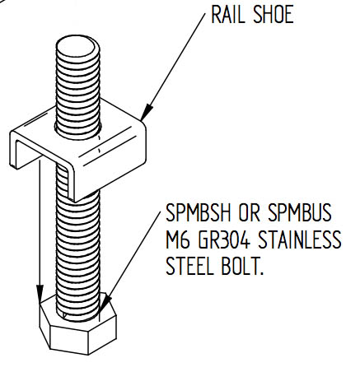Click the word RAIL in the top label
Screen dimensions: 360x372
[x=227, y=15]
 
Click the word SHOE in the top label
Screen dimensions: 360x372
[x=274, y=15]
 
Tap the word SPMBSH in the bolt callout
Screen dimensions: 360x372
[x=199, y=212]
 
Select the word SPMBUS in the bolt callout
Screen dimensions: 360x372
[x=300, y=212]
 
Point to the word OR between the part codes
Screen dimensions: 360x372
[x=249, y=212]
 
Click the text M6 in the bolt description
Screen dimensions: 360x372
[x=178, y=239]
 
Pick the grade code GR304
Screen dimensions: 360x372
[x=224, y=239]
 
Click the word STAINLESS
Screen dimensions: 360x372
[x=300, y=239]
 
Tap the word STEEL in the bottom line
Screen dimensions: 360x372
[x=189, y=266]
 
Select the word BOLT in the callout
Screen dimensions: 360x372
[x=240, y=266]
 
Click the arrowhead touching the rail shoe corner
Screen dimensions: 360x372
[x=147, y=112]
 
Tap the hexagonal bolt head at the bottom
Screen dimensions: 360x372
[x=78, y=327]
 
